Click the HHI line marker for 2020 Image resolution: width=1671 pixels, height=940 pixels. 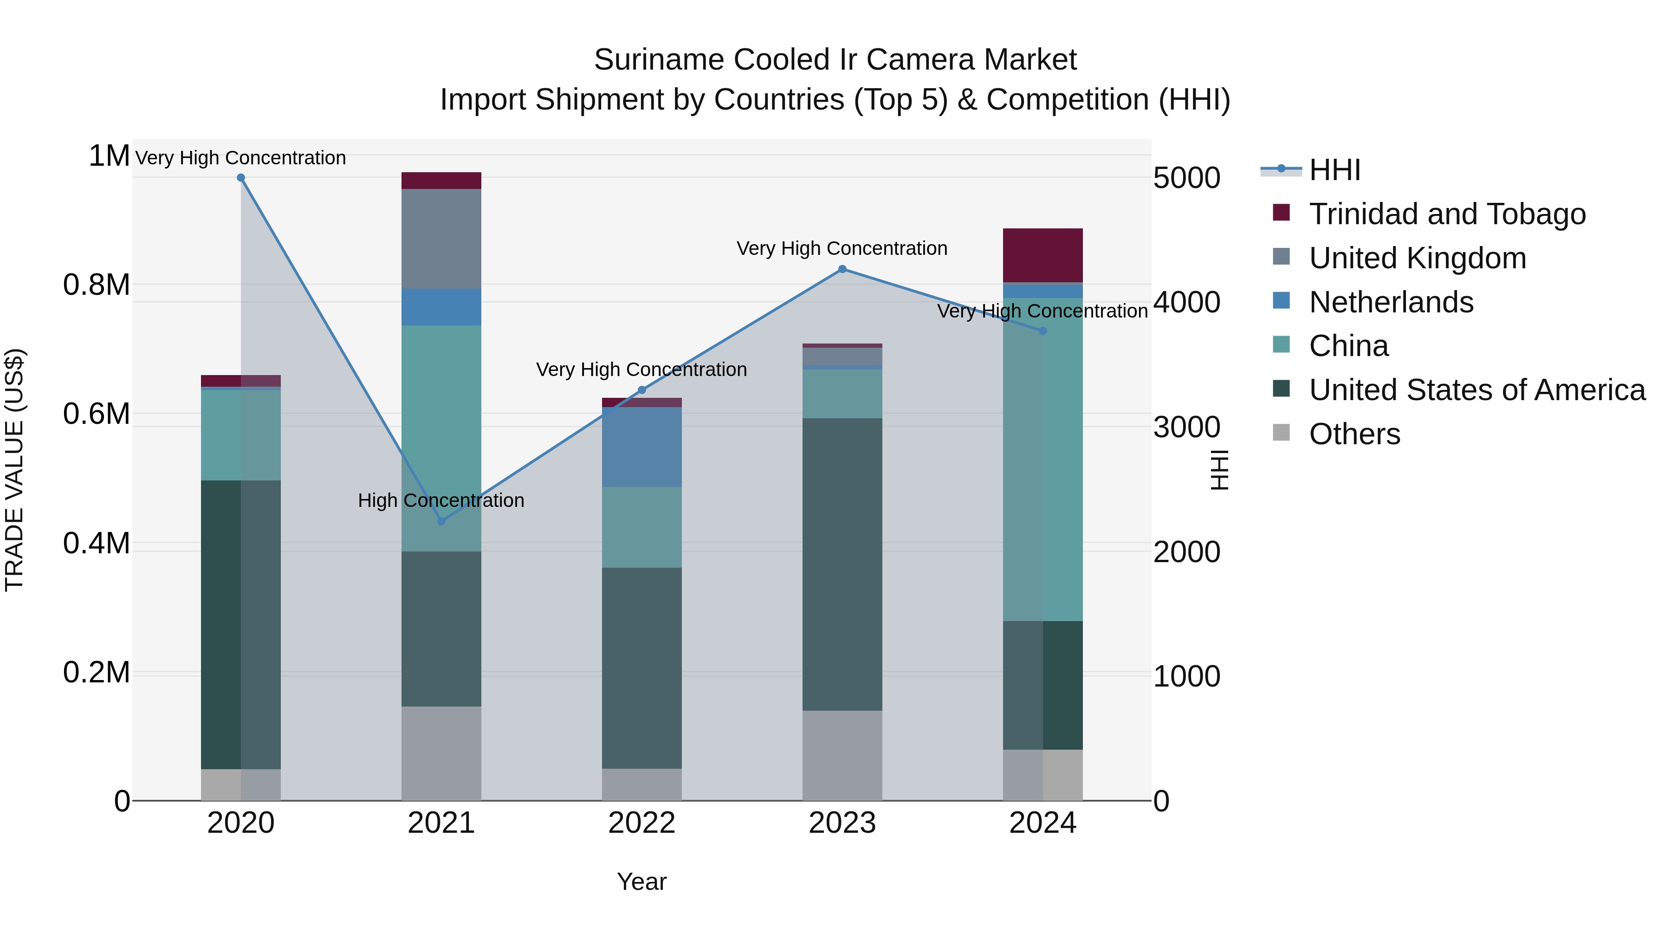(240, 178)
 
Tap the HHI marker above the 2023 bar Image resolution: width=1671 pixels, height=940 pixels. (842, 269)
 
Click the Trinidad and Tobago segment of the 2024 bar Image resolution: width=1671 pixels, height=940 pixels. (1043, 256)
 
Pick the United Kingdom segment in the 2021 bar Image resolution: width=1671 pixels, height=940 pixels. (441, 239)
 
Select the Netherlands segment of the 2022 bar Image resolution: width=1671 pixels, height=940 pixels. (641, 447)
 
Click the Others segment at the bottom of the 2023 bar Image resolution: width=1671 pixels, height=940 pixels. (842, 755)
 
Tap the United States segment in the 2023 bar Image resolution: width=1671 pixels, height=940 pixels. (842, 564)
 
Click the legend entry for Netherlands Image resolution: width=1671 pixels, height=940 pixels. (1391, 302)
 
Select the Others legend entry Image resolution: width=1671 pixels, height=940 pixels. (1354, 434)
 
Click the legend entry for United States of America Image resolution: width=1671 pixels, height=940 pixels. (1477, 390)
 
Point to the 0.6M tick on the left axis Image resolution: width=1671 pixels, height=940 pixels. (97, 414)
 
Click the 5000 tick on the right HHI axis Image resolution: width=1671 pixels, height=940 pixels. (1186, 178)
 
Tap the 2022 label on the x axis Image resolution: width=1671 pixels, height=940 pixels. (641, 823)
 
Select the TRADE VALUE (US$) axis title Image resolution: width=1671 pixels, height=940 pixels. (14, 470)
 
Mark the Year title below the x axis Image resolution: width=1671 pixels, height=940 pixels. (641, 882)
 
